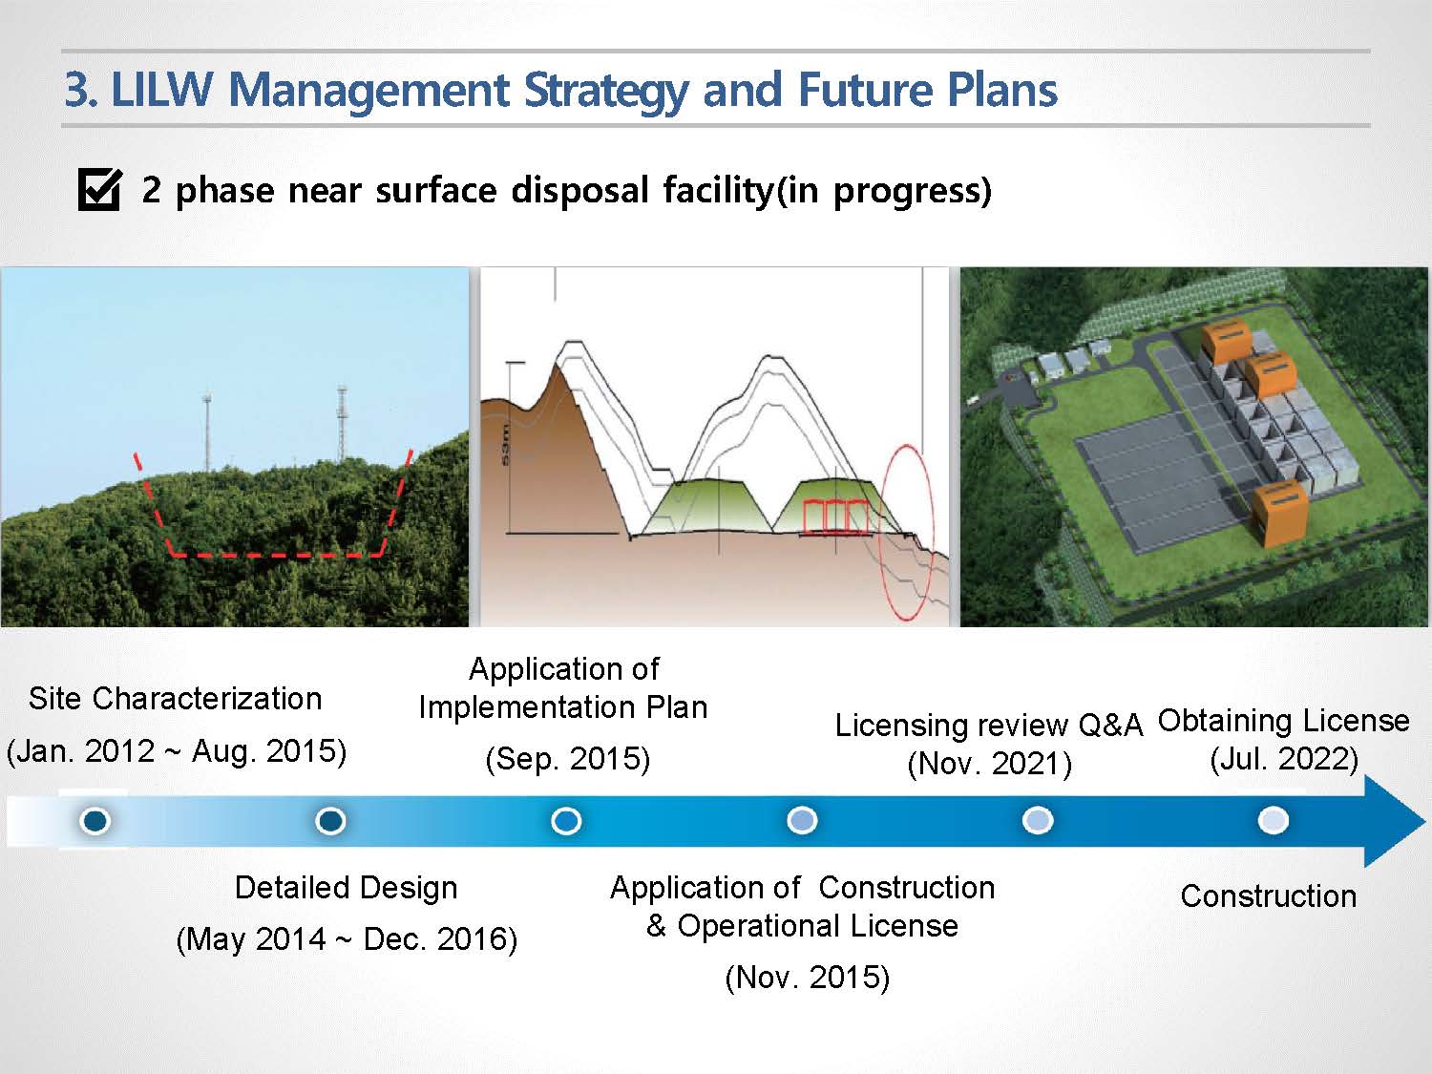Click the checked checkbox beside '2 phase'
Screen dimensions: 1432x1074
(x=99, y=190)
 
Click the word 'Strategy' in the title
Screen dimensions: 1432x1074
(x=606, y=91)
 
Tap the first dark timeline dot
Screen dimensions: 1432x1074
(x=95, y=820)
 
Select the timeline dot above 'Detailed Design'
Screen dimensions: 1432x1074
(x=330, y=820)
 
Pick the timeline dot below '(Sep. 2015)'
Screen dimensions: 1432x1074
(x=565, y=820)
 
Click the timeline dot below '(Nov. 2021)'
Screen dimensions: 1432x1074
(x=1038, y=820)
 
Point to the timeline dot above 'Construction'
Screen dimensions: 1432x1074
(x=1273, y=820)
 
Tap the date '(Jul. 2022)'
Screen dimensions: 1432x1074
(x=1284, y=759)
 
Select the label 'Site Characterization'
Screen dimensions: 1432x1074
(x=176, y=699)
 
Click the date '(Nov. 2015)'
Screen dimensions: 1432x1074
(x=808, y=977)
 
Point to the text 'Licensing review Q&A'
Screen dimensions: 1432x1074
(x=989, y=726)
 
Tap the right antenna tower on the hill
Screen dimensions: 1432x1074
(x=341, y=424)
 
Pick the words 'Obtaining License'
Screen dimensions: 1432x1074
(x=1284, y=721)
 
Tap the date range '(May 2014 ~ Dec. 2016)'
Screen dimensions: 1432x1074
(x=347, y=939)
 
